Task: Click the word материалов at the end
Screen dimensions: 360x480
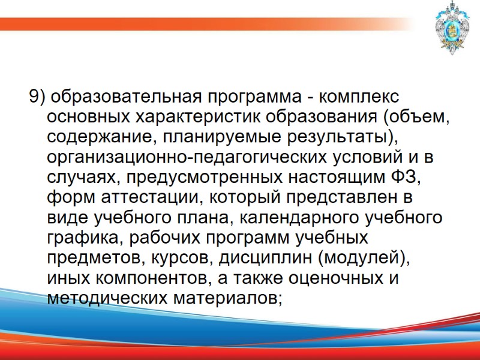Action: [x=229, y=298]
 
